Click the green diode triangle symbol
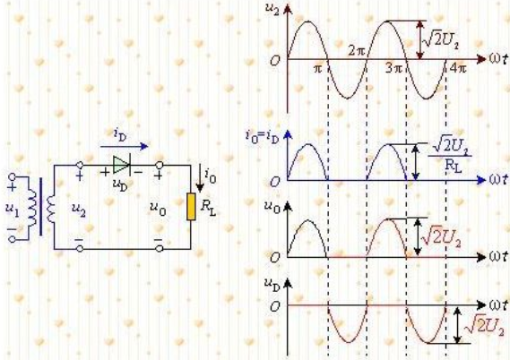[x=121, y=165]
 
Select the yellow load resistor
[x=191, y=207]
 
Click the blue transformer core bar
[x=40, y=206]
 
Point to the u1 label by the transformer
[x=13, y=210]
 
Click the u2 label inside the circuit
[x=79, y=210]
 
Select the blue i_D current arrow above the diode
[x=124, y=147]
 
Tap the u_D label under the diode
[x=120, y=184]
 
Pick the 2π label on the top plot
[x=357, y=51]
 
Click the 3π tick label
[x=394, y=68]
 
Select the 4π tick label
[x=458, y=68]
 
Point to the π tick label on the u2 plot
[x=318, y=69]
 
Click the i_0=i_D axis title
[x=262, y=136]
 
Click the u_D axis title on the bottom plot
[x=272, y=285]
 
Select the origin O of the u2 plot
[x=275, y=60]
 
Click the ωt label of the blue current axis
[x=498, y=179]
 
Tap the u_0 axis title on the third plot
[x=272, y=207]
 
